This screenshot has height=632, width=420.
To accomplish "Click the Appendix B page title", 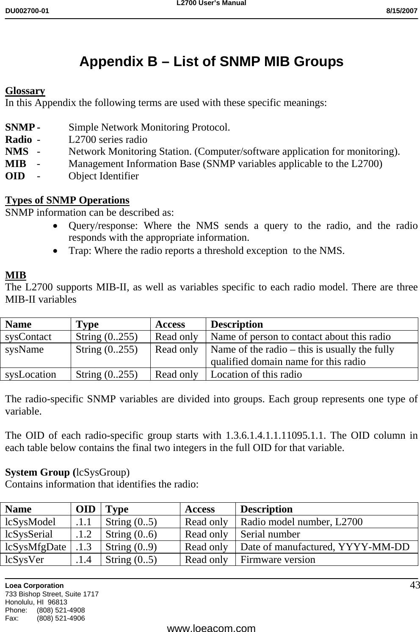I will coord(211,62).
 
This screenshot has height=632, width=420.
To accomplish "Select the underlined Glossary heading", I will coord(25,91).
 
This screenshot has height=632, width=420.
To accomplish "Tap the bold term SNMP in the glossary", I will coord(20,127).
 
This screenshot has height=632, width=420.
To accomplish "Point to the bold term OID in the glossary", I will coord(15,176).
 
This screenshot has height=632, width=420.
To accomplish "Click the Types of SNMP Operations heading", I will coord(67,200).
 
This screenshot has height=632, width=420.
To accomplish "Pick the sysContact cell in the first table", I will coord(28,337).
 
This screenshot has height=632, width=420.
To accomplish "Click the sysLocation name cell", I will coord(30,374).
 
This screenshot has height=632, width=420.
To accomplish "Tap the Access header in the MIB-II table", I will coord(170,325).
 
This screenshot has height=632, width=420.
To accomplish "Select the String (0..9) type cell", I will coord(131,547).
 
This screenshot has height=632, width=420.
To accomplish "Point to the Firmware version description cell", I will coord(278,560).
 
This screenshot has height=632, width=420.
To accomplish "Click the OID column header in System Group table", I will coord(86,509).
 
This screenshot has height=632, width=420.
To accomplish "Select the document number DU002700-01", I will coord(27,11).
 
